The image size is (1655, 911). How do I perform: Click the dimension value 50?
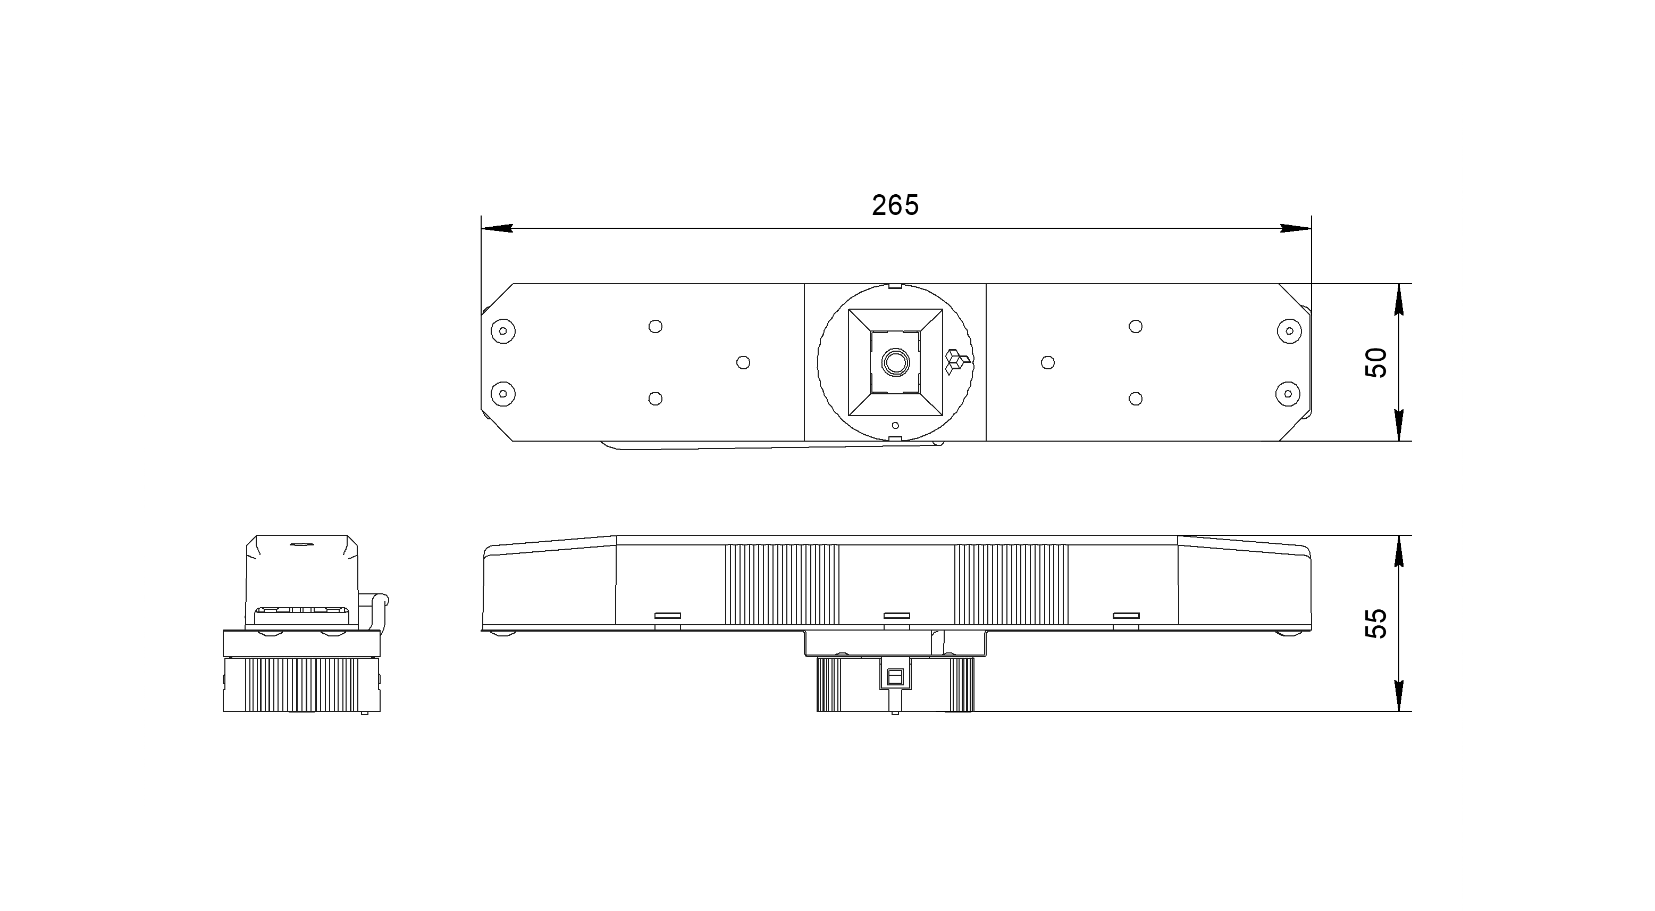(x=1376, y=362)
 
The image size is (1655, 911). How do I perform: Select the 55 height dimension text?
(x=1376, y=623)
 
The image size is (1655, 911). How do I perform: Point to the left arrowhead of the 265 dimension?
(x=497, y=228)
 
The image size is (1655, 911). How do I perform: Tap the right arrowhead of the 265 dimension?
(x=1296, y=228)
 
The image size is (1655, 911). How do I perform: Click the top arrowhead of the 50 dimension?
(x=1400, y=299)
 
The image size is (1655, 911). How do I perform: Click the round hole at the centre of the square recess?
(x=895, y=362)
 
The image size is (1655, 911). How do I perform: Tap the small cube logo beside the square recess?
(x=956, y=362)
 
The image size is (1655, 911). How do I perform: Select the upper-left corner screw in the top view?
(x=503, y=331)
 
